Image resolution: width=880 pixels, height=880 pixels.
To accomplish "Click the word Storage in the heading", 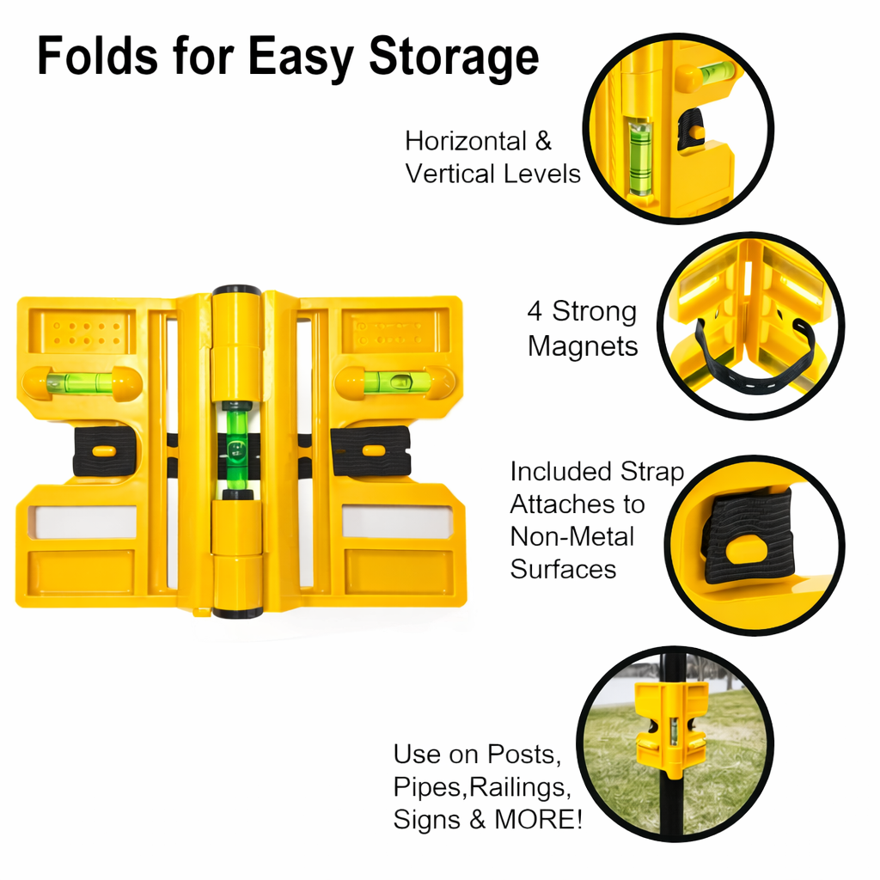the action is click(454, 58).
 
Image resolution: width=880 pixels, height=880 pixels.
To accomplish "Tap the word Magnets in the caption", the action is click(583, 345).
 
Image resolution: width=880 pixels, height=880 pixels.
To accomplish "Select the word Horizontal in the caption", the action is click(466, 141).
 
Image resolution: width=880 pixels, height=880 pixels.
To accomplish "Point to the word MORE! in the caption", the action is click(538, 819).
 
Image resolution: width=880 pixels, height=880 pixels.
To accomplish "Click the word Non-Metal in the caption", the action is click(571, 536).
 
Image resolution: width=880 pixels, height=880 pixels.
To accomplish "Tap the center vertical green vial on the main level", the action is click(237, 449).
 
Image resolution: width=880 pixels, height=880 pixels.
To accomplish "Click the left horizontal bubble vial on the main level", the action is click(82, 383).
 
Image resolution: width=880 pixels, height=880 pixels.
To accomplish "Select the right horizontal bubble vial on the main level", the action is click(395, 382).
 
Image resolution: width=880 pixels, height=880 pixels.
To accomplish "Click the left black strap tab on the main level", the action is click(103, 450).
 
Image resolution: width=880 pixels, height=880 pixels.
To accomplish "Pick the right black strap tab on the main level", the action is click(371, 450).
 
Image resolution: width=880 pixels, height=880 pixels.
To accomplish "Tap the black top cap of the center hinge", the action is click(236, 290).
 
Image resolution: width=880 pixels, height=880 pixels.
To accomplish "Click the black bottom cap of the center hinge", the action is click(237, 613).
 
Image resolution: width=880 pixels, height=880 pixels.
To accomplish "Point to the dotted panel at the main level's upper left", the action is click(82, 333).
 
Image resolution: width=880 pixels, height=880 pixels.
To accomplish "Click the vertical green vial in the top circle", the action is click(639, 156).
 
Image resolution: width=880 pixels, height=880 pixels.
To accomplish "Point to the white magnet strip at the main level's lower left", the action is click(83, 521).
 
